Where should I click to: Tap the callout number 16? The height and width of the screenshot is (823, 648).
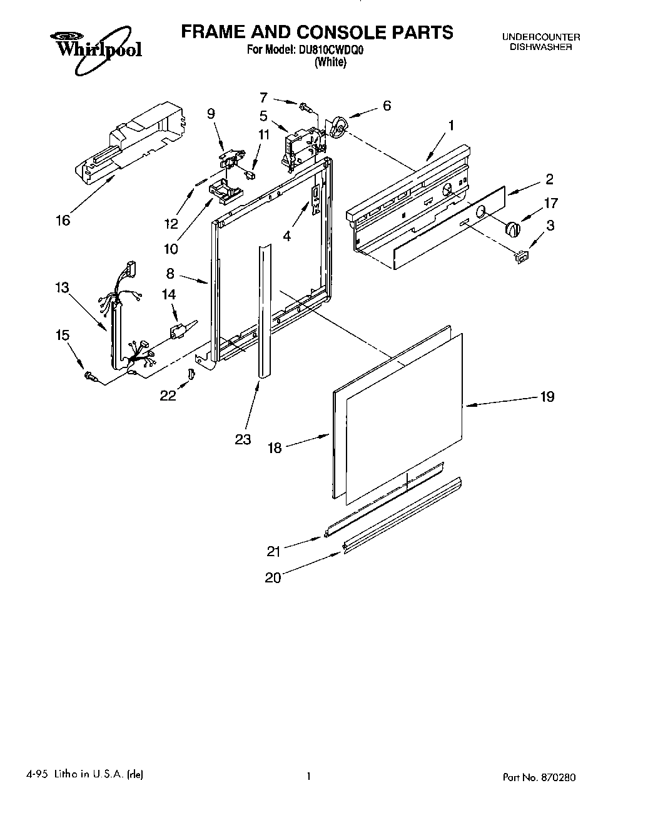[x=63, y=220]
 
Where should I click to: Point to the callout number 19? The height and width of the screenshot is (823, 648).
[x=547, y=397]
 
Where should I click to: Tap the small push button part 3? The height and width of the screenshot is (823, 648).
[x=521, y=255]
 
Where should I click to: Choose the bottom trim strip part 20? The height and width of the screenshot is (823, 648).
[x=400, y=516]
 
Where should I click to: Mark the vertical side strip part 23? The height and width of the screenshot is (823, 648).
[x=263, y=312]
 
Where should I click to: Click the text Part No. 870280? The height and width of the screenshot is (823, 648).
[x=539, y=778]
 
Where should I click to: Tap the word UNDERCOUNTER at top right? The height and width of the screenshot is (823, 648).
[x=541, y=37]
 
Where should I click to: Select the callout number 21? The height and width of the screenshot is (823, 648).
[x=273, y=551]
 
